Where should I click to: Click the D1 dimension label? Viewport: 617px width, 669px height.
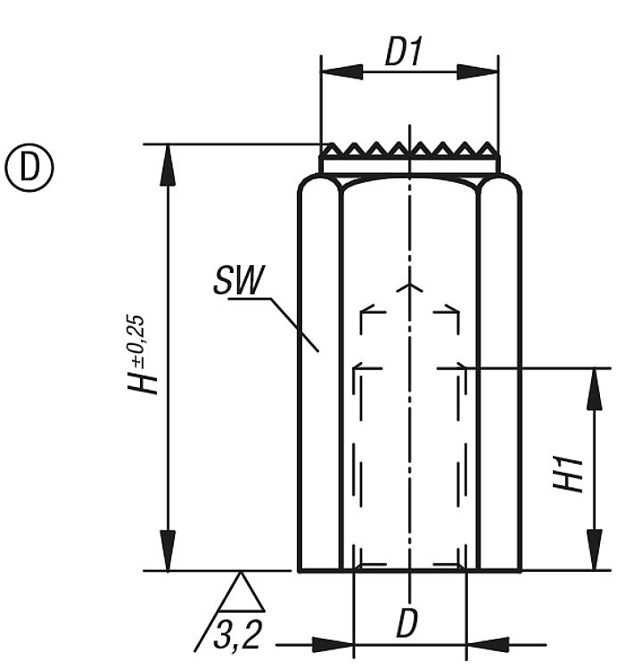[403, 52]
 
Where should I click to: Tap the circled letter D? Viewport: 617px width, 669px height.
[29, 168]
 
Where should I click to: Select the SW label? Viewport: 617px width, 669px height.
[239, 279]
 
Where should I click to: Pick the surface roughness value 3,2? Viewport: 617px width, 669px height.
[237, 634]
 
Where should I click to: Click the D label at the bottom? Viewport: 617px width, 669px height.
[407, 624]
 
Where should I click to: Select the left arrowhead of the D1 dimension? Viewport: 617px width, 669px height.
[341, 72]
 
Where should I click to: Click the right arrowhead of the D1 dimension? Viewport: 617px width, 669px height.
[478, 72]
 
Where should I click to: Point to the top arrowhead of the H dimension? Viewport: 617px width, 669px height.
[168, 165]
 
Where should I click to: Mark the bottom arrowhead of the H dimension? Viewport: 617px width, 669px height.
[168, 549]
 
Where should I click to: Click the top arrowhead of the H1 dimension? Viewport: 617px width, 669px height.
[594, 389]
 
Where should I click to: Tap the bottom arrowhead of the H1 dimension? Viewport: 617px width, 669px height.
[594, 549]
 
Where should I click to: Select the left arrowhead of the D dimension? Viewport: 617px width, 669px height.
[333, 645]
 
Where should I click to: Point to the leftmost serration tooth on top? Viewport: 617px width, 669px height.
[332, 149]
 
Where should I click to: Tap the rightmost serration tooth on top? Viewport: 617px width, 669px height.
[488, 149]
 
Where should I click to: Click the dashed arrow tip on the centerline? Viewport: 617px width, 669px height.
[410, 286]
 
